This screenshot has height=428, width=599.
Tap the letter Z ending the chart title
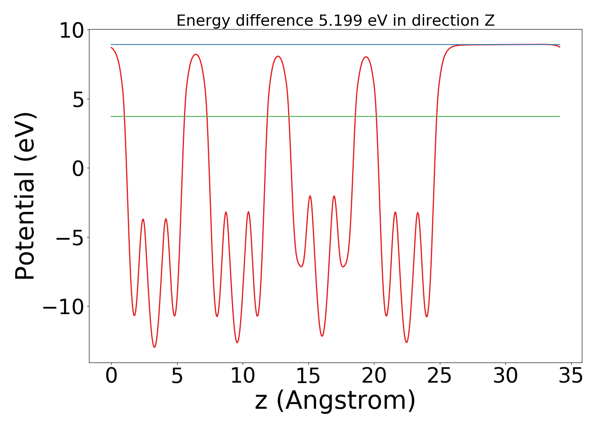click(x=490, y=21)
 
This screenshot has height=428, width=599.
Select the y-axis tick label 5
click(x=78, y=100)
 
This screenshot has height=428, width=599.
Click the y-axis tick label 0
click(x=78, y=169)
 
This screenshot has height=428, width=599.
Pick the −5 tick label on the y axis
click(x=71, y=238)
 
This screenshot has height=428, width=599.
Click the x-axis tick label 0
click(x=111, y=376)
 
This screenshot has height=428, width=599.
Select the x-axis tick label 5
click(x=177, y=376)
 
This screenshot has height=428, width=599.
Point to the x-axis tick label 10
click(x=243, y=376)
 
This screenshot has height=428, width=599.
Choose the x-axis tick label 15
click(x=308, y=376)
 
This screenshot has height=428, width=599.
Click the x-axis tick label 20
click(x=374, y=376)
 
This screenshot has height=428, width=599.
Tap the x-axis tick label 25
click(x=440, y=376)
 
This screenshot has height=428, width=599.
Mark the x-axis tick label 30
click(x=505, y=376)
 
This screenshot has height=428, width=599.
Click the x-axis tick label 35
click(x=571, y=376)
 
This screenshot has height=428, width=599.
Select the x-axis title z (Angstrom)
click(x=335, y=401)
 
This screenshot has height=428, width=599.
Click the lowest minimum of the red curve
click(x=154, y=347)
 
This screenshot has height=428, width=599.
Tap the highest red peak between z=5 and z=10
click(x=196, y=54)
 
